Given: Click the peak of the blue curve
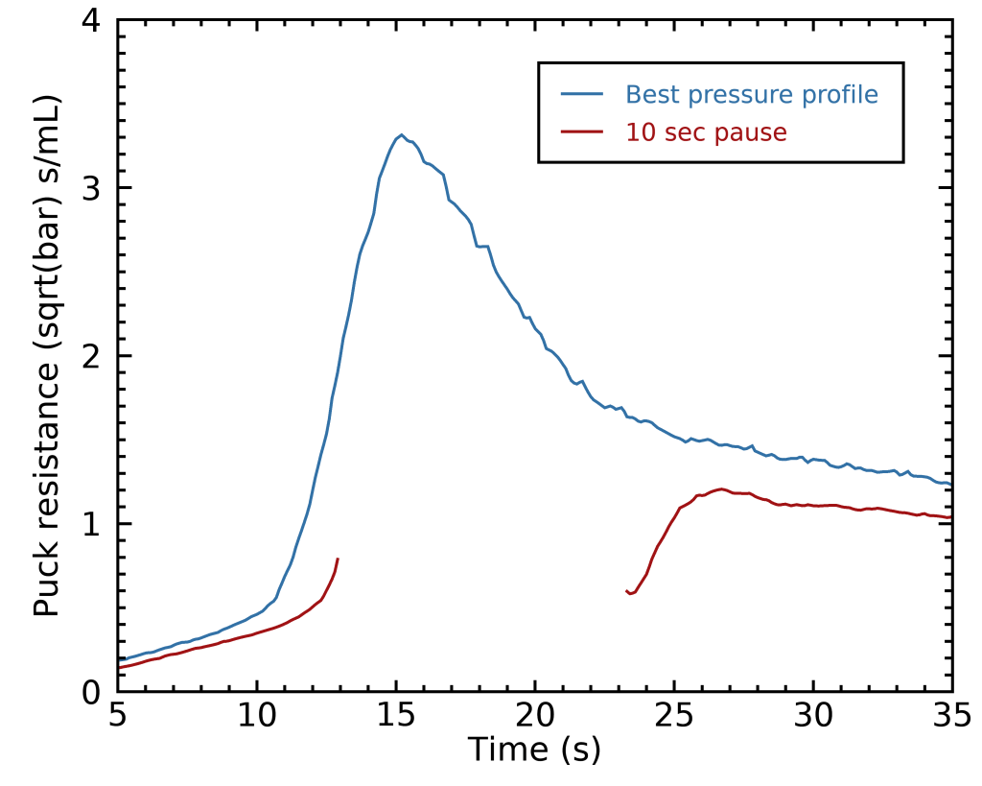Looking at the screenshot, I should (401, 135).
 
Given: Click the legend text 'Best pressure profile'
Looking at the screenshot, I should (752, 95).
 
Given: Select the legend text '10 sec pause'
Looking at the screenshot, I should (706, 132).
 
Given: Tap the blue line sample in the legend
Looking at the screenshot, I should (582, 95).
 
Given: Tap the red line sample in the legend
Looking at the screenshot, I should (582, 132).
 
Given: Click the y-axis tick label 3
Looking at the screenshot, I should (92, 188).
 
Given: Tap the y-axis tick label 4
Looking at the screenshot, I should (92, 20).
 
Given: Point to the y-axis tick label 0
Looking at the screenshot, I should (92, 691).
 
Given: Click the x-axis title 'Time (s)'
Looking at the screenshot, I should (534, 750).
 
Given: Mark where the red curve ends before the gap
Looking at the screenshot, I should (339, 559).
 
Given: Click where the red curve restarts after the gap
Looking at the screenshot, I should (626, 591).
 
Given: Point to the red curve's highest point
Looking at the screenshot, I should (720, 488).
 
